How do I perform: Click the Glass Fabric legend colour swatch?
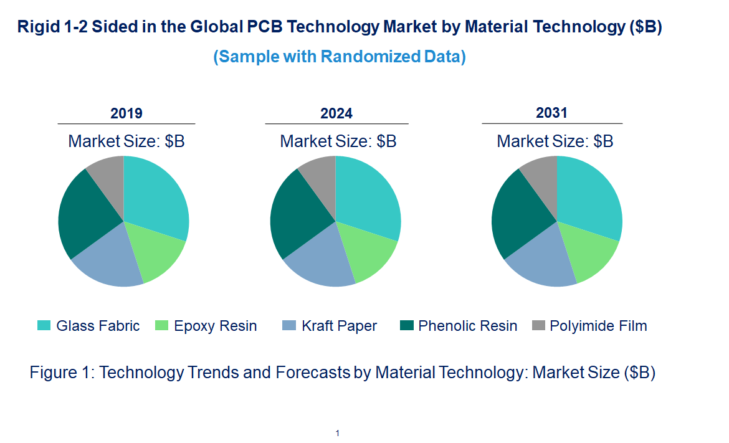(x=44, y=325)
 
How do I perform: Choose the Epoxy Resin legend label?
(x=215, y=326)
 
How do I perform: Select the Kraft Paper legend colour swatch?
(x=289, y=325)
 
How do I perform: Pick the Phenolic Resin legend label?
(x=467, y=326)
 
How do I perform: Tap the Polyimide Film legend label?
(x=598, y=326)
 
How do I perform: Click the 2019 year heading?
(x=126, y=113)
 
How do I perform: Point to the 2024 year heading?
(x=336, y=113)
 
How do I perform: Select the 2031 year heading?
(x=552, y=113)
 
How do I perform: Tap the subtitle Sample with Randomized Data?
(x=340, y=57)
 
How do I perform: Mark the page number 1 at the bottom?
(x=337, y=433)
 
